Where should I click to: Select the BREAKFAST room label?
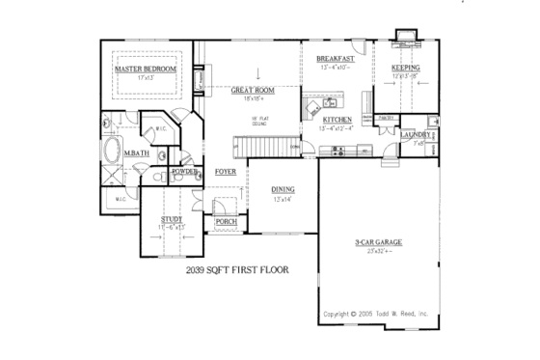337,59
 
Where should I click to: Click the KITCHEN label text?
337,120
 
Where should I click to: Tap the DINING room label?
283,189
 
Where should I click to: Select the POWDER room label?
185,171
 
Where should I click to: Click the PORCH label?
226,222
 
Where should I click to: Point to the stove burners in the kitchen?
337,150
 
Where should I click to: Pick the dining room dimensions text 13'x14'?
283,199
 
